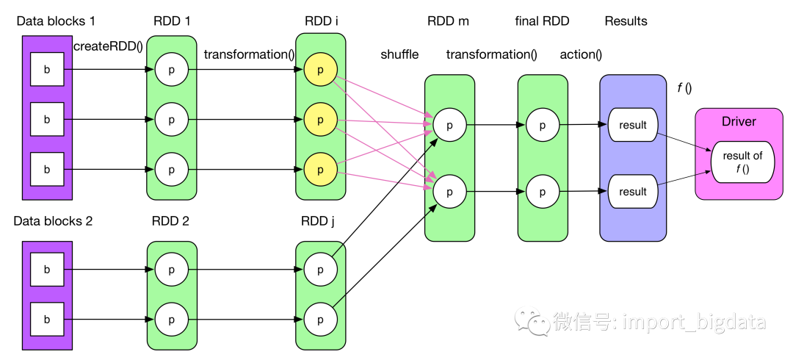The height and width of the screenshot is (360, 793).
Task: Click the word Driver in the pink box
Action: pos(739,121)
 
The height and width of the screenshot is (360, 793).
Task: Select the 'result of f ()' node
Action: pos(742,162)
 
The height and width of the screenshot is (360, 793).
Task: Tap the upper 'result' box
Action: pos(632,125)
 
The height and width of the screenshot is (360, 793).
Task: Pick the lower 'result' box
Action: pos(632,192)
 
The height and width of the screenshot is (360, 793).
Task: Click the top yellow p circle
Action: pos(320,70)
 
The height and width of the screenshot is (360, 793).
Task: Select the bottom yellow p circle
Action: pos(320,170)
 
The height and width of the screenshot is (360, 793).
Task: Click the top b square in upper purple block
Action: pos(47,70)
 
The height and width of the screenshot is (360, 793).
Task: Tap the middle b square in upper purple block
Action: pos(47,119)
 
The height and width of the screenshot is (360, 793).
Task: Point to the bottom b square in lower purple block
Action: pos(47,320)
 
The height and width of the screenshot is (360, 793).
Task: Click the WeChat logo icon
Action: pos(532,320)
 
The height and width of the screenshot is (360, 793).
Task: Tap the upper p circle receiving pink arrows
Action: pos(449,125)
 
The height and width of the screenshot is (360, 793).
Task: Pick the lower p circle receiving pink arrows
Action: pos(449,192)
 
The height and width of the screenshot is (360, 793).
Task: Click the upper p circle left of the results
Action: pos(543,125)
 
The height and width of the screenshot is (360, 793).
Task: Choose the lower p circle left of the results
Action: pos(543,192)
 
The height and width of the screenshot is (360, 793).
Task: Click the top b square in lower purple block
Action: pos(47,270)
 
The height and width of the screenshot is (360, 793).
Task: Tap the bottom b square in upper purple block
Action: pos(47,169)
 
